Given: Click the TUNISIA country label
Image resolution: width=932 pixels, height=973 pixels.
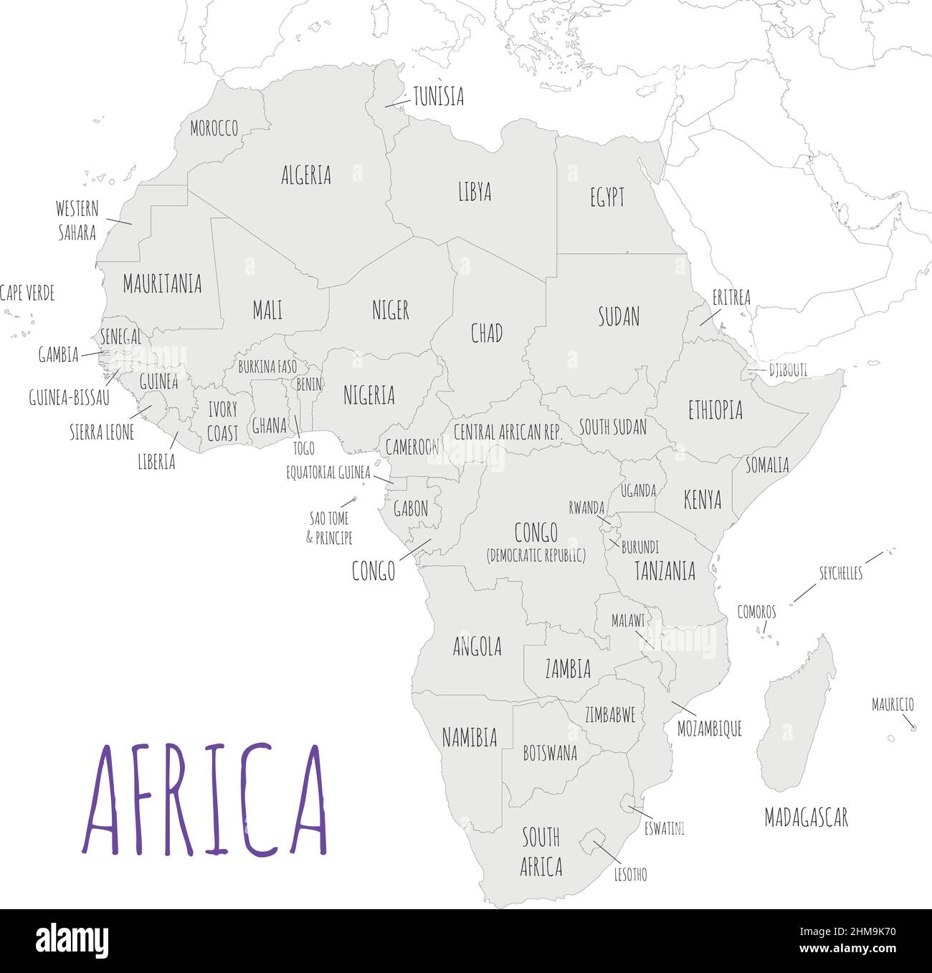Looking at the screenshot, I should [x=438, y=97].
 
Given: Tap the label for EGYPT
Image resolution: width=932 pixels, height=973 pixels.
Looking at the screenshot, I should [x=607, y=198].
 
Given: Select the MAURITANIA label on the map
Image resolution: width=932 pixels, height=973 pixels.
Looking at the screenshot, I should [x=162, y=284].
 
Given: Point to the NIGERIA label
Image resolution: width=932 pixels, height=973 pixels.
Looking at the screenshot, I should [x=368, y=395].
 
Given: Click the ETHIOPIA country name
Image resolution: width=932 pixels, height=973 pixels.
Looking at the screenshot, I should [x=715, y=410].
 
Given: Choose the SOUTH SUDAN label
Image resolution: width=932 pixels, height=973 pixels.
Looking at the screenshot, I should [x=612, y=427].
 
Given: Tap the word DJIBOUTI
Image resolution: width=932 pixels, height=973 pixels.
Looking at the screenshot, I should [x=788, y=370].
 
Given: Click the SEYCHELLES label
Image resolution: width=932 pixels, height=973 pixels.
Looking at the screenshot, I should [x=840, y=573].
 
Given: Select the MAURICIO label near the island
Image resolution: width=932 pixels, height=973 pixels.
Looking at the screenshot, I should [x=893, y=704].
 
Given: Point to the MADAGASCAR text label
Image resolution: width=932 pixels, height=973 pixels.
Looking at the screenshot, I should [x=806, y=817].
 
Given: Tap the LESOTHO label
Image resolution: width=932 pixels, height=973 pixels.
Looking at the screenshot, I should [x=630, y=874].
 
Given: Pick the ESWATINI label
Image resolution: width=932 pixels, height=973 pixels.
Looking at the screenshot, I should [x=664, y=829].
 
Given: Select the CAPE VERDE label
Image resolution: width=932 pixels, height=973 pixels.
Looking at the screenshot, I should [x=27, y=293].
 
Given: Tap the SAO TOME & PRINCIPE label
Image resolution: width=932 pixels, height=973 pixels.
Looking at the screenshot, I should [x=329, y=528].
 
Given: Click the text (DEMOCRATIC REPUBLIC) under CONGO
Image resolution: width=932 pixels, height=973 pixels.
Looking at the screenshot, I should [x=536, y=555].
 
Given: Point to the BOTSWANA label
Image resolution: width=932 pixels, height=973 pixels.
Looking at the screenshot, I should [x=550, y=753].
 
